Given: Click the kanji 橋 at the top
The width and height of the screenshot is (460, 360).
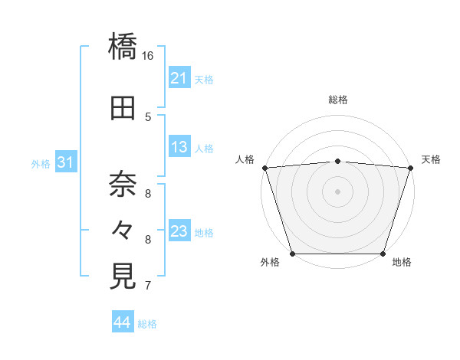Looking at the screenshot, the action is click(123, 45).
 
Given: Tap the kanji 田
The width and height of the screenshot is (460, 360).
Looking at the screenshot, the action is click(123, 109).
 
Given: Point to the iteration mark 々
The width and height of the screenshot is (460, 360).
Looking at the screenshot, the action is click(123, 229).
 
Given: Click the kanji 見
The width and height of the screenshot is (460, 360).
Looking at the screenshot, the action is click(123, 275).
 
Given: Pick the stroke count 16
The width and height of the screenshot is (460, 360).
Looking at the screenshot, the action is click(148, 56).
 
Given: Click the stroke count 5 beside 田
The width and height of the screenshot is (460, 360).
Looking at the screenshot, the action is click(148, 117).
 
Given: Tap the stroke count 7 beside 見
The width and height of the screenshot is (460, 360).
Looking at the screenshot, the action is click(148, 286).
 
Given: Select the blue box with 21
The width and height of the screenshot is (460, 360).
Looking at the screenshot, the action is click(179, 78).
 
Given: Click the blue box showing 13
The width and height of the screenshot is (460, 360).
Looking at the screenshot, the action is click(179, 147).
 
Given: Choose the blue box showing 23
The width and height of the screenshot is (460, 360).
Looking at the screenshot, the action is click(179, 231).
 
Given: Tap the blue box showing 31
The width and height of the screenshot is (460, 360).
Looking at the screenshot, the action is click(65, 162).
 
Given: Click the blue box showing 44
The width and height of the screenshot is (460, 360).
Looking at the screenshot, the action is click(123, 322).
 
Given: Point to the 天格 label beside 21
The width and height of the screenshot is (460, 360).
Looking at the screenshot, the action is click(204, 79).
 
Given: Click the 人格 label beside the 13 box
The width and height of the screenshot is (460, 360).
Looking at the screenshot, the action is click(204, 148).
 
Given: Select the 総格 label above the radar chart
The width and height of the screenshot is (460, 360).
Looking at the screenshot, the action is click(338, 100).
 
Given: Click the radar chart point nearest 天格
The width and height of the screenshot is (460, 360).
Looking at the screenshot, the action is click(410, 167).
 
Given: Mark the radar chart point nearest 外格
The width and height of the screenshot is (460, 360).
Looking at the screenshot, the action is click(293, 253).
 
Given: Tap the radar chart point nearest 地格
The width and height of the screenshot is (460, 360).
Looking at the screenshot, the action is click(383, 253).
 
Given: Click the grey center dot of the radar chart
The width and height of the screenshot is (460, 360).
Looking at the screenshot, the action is click(337, 191).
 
